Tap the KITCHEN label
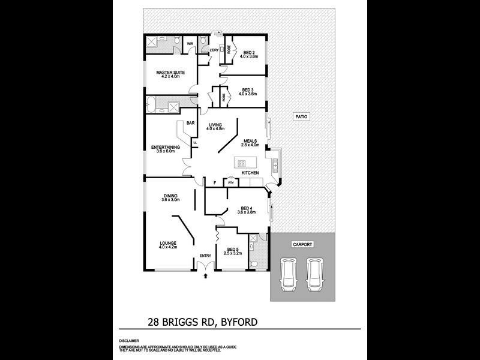(x=250, y=173)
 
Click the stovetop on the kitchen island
(x=242, y=163)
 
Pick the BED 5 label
(x=232, y=251)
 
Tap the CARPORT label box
(x=302, y=244)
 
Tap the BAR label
(x=190, y=123)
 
